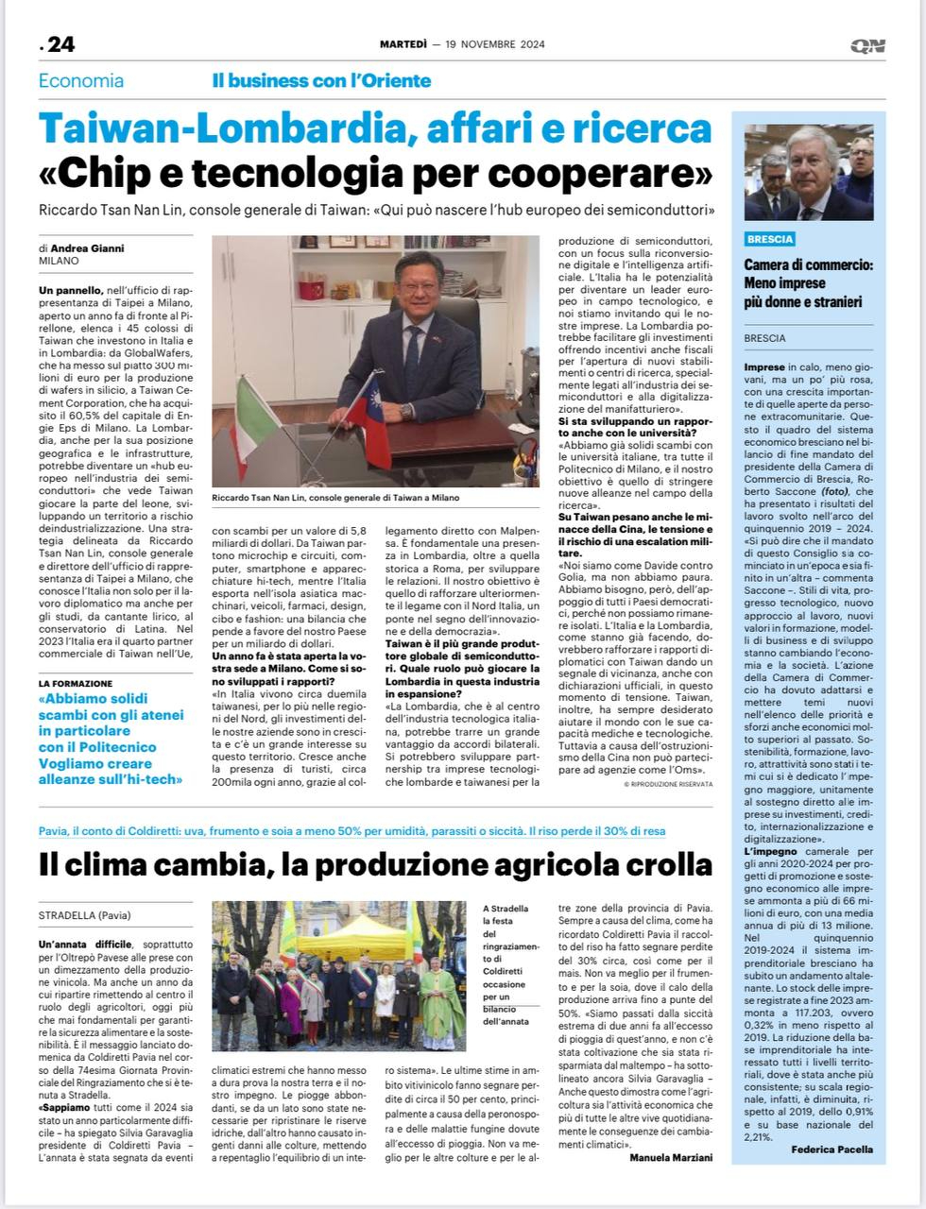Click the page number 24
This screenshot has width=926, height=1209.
click(x=60, y=44)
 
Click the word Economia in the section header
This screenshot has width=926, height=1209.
click(x=81, y=81)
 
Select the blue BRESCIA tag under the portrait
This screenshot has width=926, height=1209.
click(x=770, y=239)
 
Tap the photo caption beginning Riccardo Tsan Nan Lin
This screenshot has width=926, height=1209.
click(x=335, y=498)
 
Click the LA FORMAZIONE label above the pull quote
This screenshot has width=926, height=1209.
click(x=76, y=683)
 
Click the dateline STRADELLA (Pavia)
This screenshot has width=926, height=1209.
click(x=85, y=915)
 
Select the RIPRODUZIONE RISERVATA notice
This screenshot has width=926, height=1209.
click(x=669, y=784)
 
